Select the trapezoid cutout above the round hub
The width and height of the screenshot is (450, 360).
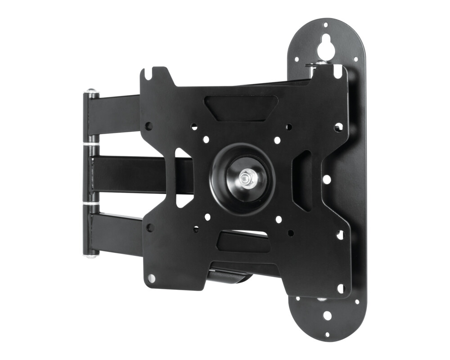pyautogui.click(x=241, y=108)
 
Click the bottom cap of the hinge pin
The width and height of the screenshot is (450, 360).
pyautogui.click(x=91, y=255)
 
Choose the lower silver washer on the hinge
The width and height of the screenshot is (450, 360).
pyautogui.click(x=91, y=205)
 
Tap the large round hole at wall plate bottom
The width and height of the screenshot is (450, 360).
pyautogui.click(x=327, y=315)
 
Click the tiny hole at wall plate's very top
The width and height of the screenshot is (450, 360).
pyautogui.click(x=325, y=25)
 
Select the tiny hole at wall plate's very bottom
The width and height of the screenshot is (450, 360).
pyautogui.click(x=327, y=335)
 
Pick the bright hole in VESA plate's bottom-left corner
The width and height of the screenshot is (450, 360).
pyautogui.click(x=152, y=279)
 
